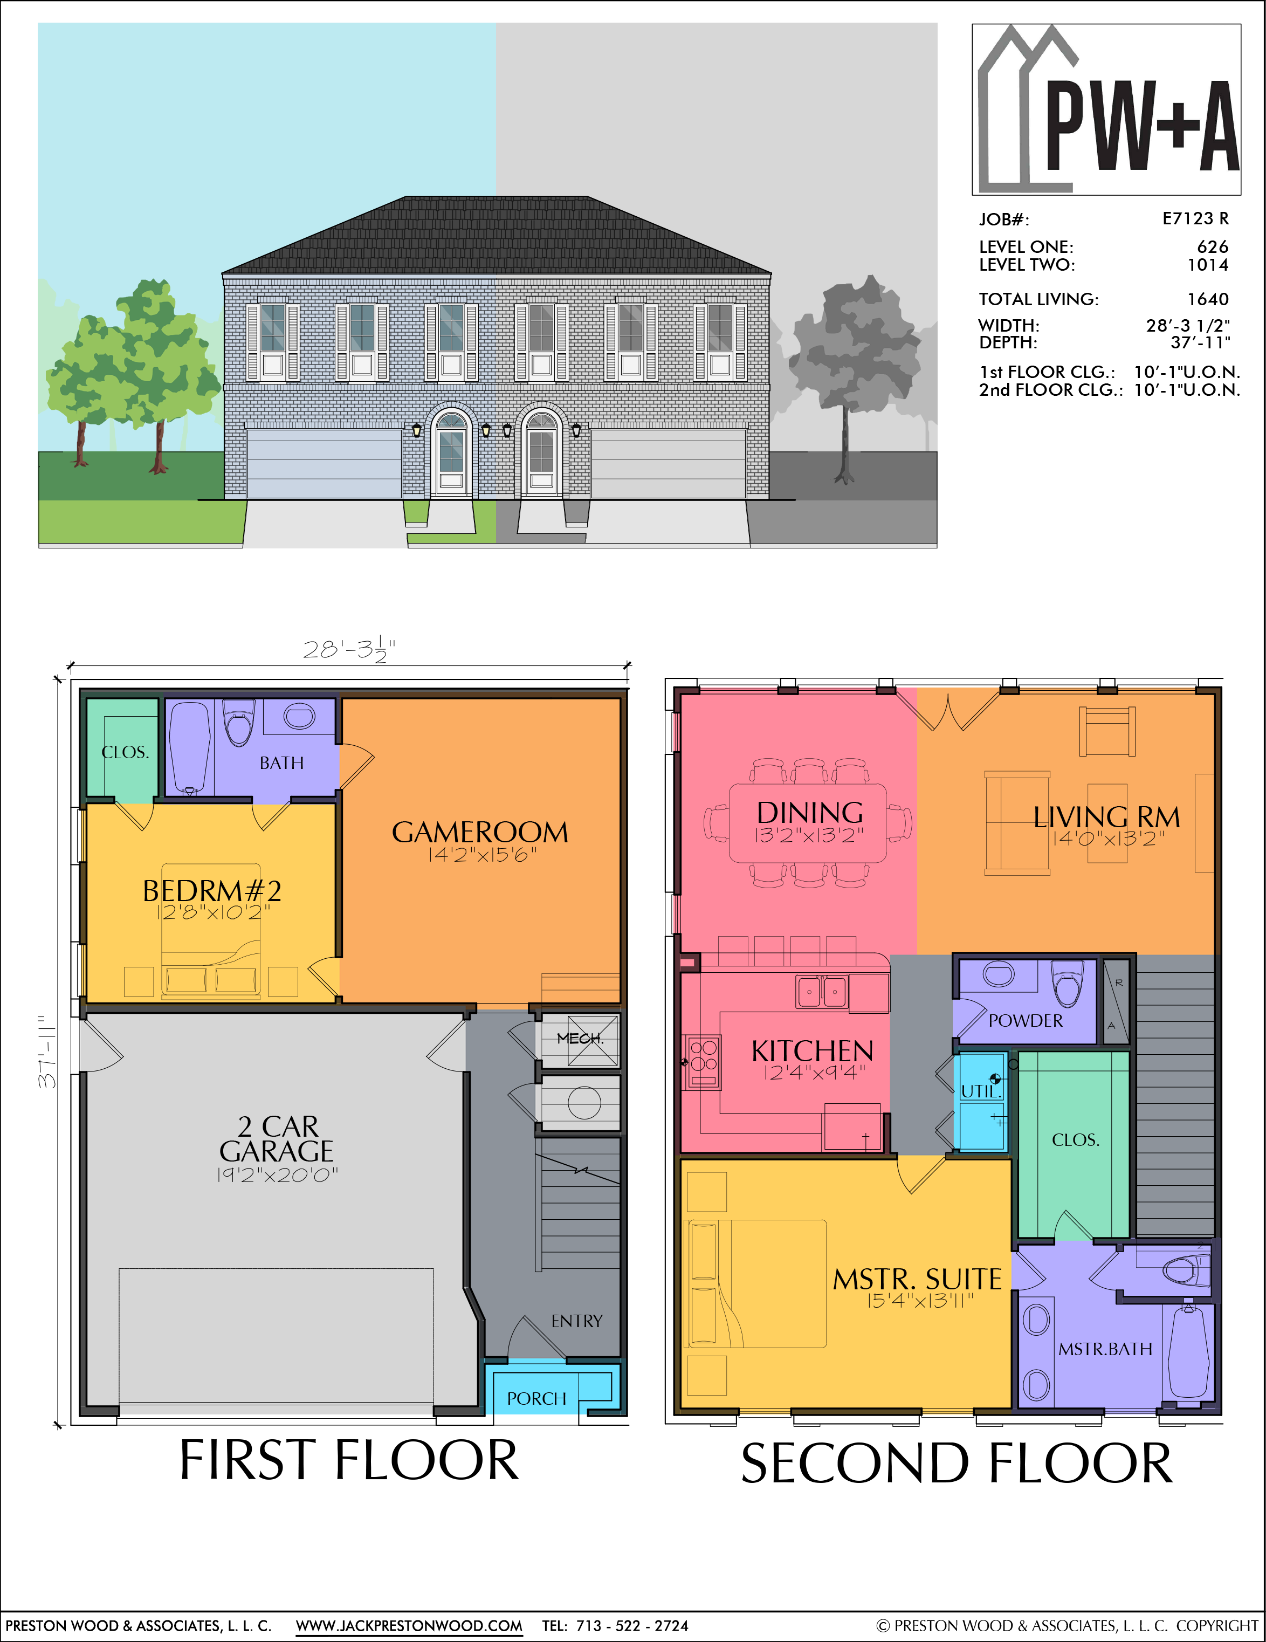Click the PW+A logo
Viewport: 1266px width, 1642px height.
coord(1106,110)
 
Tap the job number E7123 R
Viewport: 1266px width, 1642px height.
coord(1195,219)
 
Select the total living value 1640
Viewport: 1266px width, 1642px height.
coord(1207,299)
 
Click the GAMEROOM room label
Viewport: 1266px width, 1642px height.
coord(480,832)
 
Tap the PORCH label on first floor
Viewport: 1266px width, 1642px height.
coord(536,1398)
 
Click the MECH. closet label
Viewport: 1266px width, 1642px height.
coord(580,1038)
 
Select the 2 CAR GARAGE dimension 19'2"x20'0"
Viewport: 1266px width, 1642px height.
coord(277,1174)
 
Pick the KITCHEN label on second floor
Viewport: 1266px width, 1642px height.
coord(812,1051)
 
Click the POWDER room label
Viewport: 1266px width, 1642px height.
coord(1026,1021)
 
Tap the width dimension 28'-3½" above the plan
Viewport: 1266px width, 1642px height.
coord(349,650)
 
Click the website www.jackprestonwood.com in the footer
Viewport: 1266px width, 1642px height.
coord(409,1625)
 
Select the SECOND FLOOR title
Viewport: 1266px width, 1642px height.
coord(957,1464)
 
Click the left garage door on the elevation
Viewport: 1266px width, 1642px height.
coord(324,463)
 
